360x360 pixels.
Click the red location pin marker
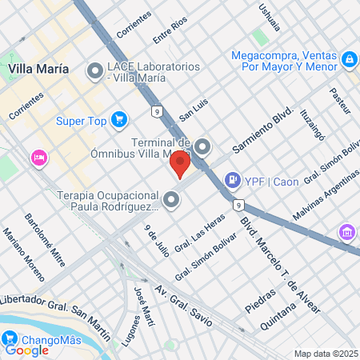[179, 164]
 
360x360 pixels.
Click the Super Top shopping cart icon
[119, 120]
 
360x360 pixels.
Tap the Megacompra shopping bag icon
[349, 59]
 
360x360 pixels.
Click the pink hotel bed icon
[37, 158]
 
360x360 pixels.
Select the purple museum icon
[347, 232]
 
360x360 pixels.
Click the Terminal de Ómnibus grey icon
[202, 146]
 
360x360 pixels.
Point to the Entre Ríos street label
[169, 34]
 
